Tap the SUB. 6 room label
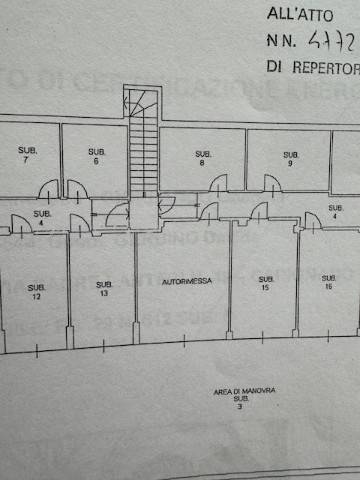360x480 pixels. (x=95, y=155)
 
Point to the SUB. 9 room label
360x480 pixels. (x=290, y=158)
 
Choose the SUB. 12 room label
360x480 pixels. (x=36, y=291)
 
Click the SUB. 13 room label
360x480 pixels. (x=103, y=291)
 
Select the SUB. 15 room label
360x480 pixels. (x=265, y=283)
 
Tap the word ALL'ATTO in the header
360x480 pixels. (x=308, y=15)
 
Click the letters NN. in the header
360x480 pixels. (x=281, y=42)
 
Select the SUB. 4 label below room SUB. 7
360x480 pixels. (x=41, y=218)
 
